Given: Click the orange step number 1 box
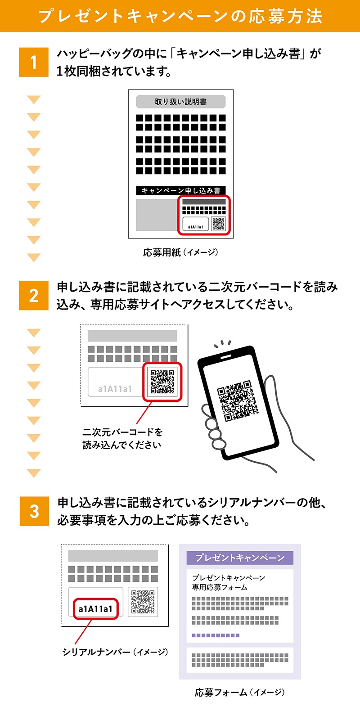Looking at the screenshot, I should (34, 62).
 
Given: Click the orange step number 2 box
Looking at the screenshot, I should (34, 295).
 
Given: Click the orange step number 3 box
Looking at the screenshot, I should (34, 511).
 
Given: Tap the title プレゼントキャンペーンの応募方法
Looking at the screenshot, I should (180, 16).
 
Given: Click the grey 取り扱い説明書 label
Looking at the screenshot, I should (181, 102).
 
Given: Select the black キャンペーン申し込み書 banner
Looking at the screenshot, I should (181, 190).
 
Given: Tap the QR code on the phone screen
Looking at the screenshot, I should (238, 401).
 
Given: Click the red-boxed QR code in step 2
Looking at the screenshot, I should (162, 382).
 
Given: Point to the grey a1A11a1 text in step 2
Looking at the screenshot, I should (115, 389).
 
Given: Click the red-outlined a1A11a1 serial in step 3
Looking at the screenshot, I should (95, 609).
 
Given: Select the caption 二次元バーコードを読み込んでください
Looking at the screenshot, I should (122, 438).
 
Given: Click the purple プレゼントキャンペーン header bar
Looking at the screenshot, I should (240, 558).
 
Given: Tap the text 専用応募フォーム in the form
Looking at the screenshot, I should (220, 587).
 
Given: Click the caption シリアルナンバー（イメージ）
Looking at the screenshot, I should (115, 652).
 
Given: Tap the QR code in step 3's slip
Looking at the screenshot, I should (143, 602).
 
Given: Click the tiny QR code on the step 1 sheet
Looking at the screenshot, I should (218, 224).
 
